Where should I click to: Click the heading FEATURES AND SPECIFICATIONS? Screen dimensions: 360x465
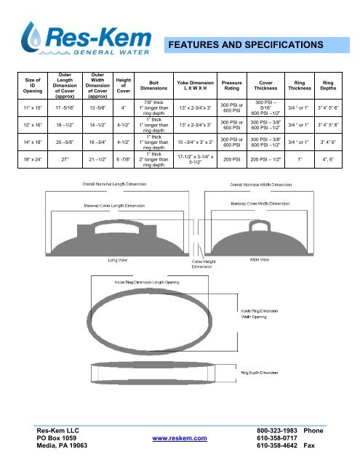(249, 45)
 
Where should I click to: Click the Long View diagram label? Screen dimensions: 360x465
(119, 257)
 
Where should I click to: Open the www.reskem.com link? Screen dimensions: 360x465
(179, 439)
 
